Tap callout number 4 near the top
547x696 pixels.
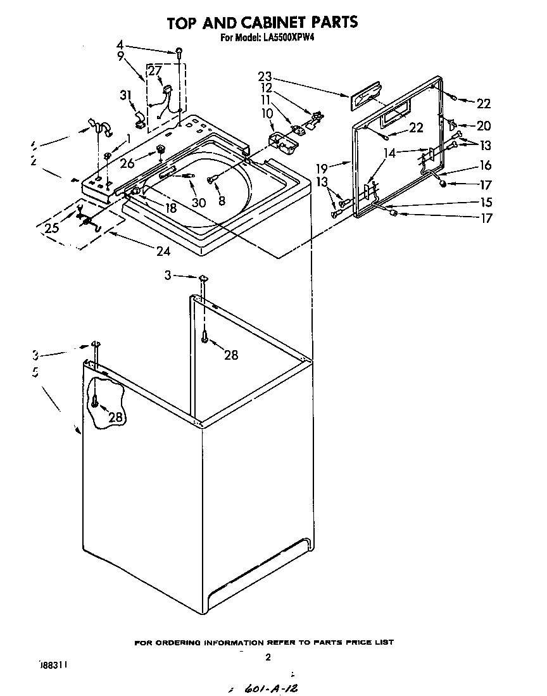click(120, 45)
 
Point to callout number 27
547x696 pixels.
click(155, 71)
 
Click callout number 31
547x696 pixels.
click(125, 95)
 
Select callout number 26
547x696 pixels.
click(127, 163)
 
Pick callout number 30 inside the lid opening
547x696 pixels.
click(199, 203)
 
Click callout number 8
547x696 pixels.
click(221, 202)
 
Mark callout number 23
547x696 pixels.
click(265, 77)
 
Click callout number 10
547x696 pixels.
click(267, 113)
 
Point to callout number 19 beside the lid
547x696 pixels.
click(322, 169)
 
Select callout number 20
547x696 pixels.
click(484, 126)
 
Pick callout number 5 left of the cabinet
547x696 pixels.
click(35, 373)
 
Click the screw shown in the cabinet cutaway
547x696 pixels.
click(94, 400)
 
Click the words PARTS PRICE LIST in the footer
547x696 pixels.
click(356, 642)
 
